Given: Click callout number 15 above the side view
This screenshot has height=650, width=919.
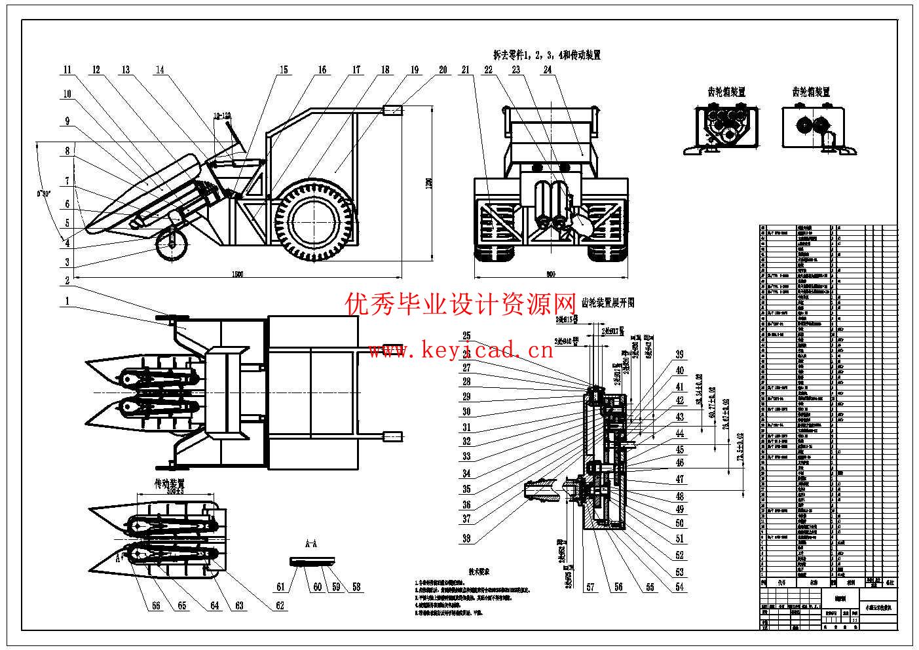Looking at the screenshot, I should (x=283, y=70).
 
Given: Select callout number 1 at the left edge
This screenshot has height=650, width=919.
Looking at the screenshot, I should (x=67, y=301).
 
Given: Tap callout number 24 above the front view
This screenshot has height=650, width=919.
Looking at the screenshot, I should (x=547, y=69).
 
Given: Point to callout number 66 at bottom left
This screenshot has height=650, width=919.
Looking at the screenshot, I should (x=156, y=605).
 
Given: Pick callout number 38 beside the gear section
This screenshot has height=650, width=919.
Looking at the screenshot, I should (x=466, y=539).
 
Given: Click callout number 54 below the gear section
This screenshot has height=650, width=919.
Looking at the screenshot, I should (x=680, y=587).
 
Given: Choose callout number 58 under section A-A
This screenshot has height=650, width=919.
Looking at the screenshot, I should (x=356, y=587).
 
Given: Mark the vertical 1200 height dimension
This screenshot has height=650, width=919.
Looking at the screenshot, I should (x=430, y=184).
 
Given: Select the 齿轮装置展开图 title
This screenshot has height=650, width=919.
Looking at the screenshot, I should (x=607, y=303).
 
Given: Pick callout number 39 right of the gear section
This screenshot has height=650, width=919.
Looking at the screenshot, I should (x=680, y=354).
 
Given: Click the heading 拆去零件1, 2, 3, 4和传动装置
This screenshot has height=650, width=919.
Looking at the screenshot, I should (x=547, y=55).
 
